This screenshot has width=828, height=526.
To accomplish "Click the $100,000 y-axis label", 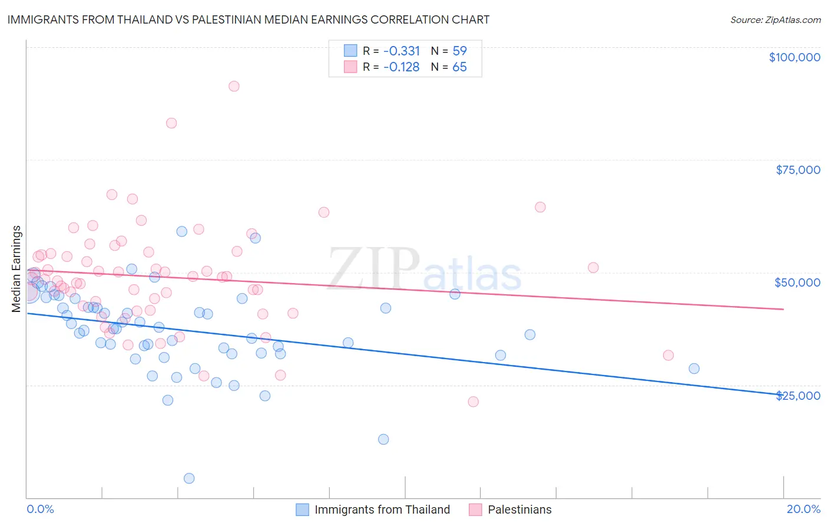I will click(x=794, y=57).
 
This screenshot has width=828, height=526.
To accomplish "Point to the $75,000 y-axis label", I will click(x=797, y=170).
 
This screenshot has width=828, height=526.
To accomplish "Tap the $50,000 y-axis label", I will click(x=797, y=282).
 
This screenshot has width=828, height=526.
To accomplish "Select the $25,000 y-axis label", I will click(x=797, y=396).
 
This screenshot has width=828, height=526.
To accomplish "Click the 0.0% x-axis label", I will click(x=40, y=509).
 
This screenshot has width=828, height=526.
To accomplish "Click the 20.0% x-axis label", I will click(x=803, y=509).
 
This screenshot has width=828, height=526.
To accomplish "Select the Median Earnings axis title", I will click(x=16, y=269).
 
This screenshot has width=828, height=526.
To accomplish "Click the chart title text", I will click(x=248, y=19).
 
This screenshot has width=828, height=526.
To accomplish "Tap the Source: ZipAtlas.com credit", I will click(x=775, y=20).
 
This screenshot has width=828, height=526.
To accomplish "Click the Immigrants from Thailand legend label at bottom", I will click(x=382, y=509).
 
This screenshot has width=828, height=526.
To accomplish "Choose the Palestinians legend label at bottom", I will click(x=519, y=509).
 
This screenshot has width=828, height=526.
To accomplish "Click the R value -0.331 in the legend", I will click(x=401, y=51).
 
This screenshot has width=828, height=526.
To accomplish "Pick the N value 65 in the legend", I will click(x=459, y=67).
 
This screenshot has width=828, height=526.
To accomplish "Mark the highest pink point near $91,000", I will click(x=234, y=86).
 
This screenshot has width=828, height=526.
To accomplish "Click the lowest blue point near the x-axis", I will click(x=189, y=478).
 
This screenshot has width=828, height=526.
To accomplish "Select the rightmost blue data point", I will click(x=694, y=369).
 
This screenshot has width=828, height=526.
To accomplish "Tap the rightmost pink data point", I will click(x=668, y=355).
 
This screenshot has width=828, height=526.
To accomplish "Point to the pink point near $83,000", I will click(x=171, y=123).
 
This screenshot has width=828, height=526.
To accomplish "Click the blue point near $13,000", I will click(x=383, y=439).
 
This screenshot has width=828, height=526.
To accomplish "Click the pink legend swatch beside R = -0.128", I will click(x=350, y=67).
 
